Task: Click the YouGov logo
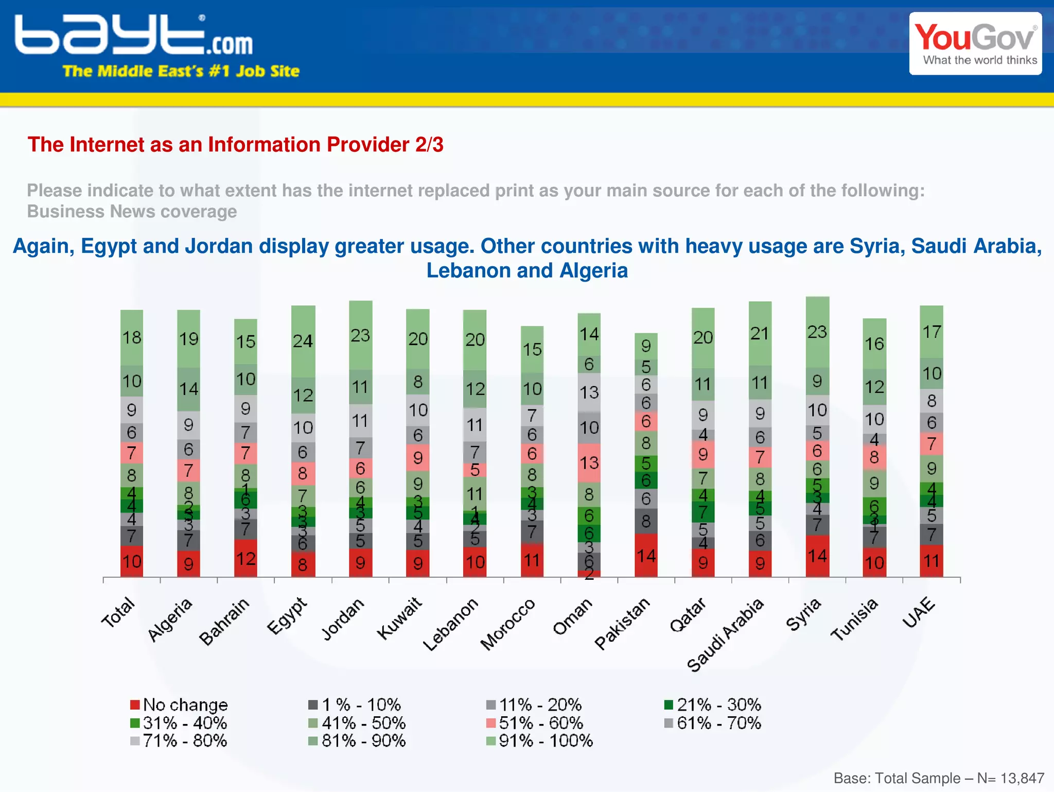point(975,44)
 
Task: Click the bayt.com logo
point(134,35)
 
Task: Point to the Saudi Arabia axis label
point(726,635)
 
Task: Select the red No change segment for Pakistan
point(646,555)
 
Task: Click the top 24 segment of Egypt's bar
point(303,341)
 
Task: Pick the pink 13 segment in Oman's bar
point(589,462)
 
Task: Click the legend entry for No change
point(179,704)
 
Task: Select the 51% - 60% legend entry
point(535,723)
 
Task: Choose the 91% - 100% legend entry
point(540,741)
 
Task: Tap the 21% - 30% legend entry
point(713,704)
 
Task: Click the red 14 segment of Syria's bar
point(817,556)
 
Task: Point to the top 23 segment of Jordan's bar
point(360,335)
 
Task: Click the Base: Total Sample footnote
point(938,778)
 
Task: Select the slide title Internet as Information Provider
point(235,145)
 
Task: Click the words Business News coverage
point(132,212)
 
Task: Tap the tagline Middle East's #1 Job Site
point(181,71)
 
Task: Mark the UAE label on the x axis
point(919,613)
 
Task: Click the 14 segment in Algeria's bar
point(189,389)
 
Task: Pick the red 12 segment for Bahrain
point(245,558)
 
